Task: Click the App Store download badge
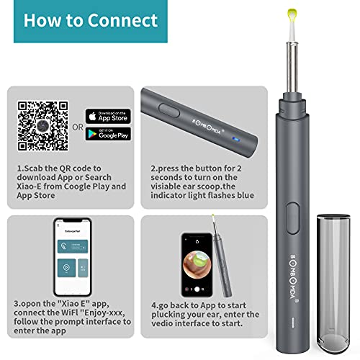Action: [108, 115]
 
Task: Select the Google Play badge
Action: [108, 135]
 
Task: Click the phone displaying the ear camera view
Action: [196, 264]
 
